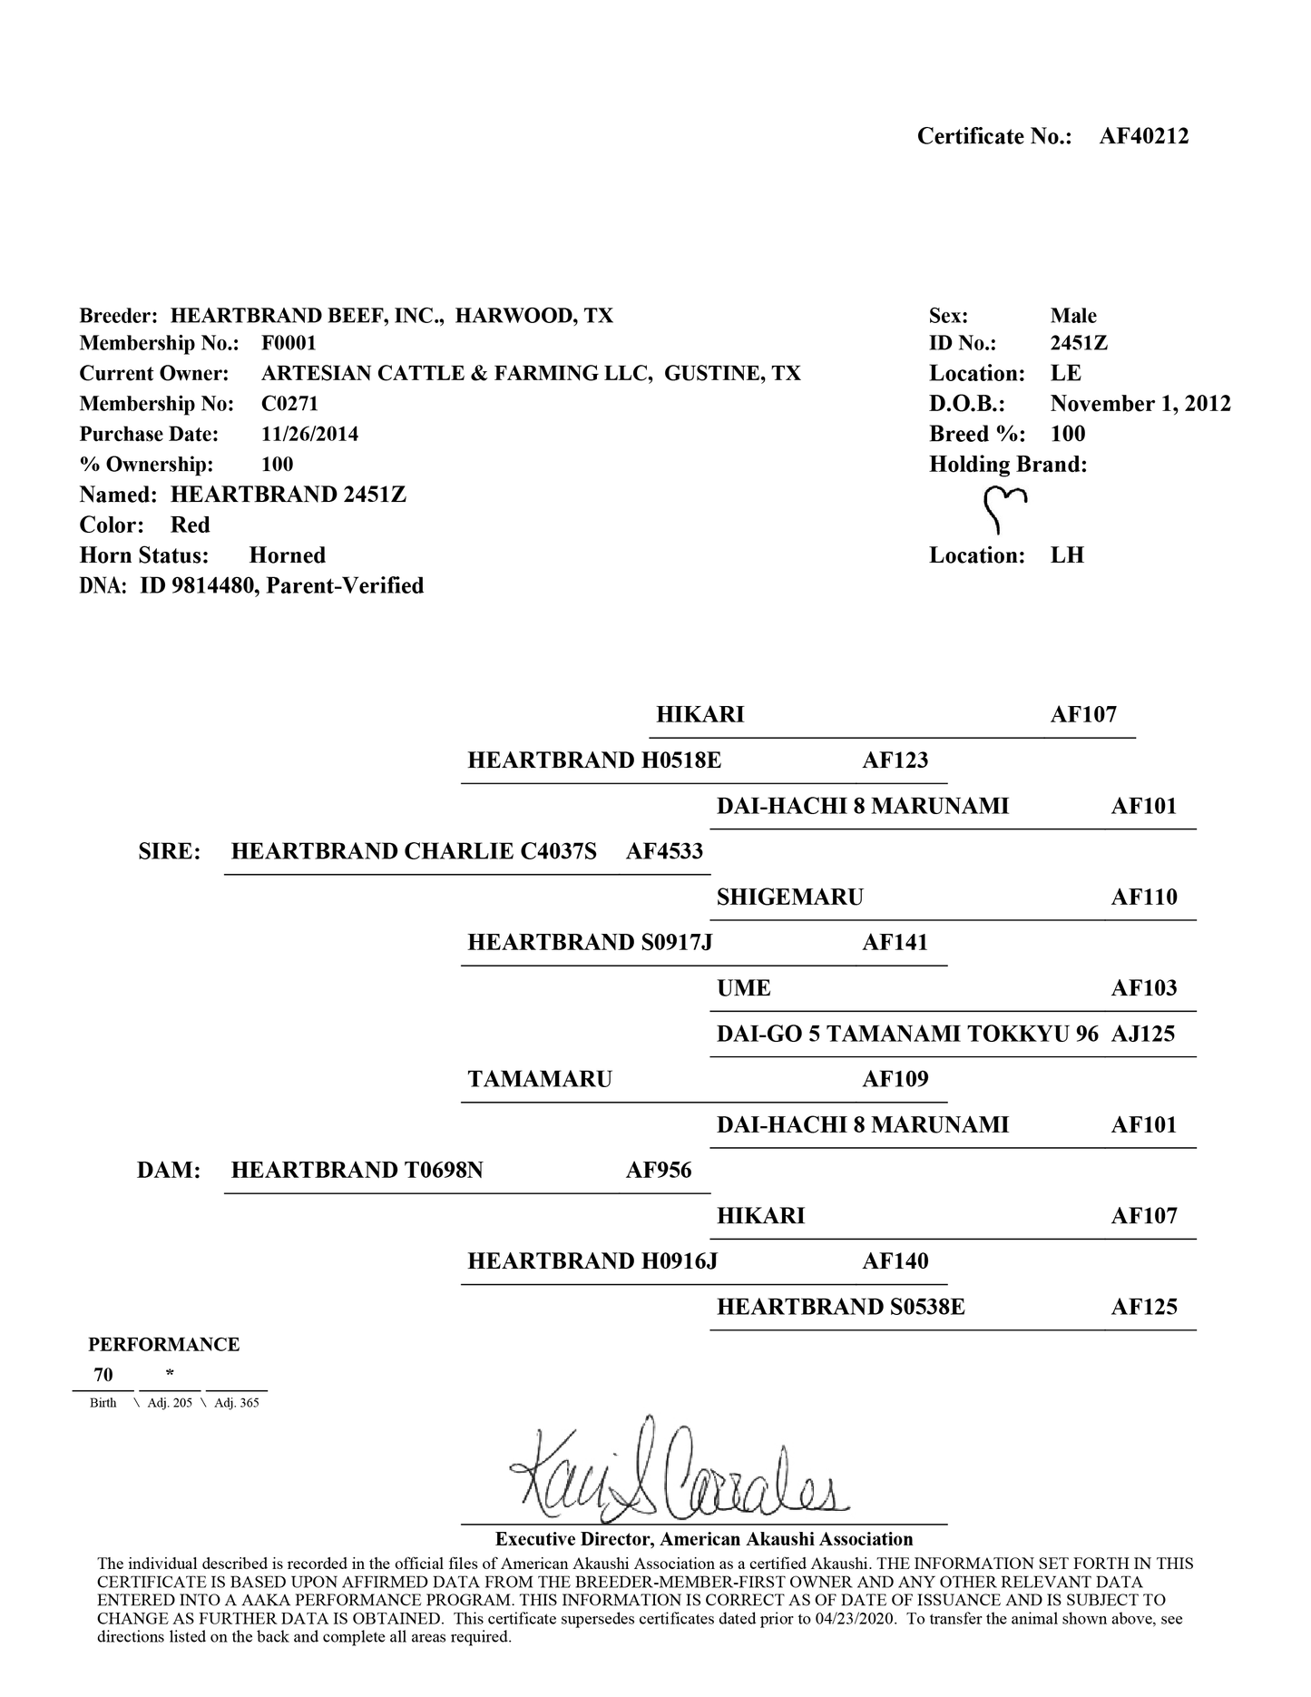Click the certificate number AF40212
pyautogui.click(x=1143, y=136)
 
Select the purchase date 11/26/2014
pyautogui.click(x=309, y=434)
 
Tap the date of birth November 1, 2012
pyautogui.click(x=1140, y=404)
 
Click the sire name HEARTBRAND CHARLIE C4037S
pyautogui.click(x=414, y=851)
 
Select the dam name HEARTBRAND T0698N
pyautogui.click(x=357, y=1170)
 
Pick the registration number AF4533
pyautogui.click(x=664, y=851)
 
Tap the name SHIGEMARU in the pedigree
pyautogui.click(x=789, y=898)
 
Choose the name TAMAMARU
pyautogui.click(x=540, y=1079)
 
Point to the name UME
pyautogui.click(x=743, y=988)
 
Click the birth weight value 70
pyautogui.click(x=103, y=1375)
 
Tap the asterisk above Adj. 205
pyautogui.click(x=170, y=1374)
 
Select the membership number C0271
pyautogui.click(x=289, y=404)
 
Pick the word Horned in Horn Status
pyautogui.click(x=287, y=555)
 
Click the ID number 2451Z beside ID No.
pyautogui.click(x=1079, y=343)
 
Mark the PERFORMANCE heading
pyautogui.click(x=163, y=1344)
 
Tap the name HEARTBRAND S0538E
pyautogui.click(x=840, y=1307)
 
